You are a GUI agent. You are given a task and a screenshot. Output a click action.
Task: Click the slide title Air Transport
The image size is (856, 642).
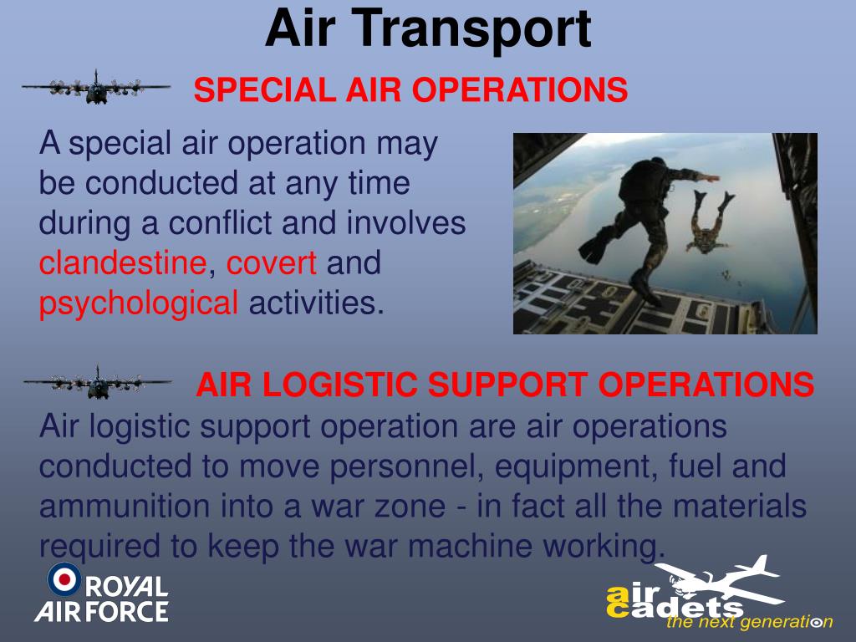pyautogui.click(x=428, y=28)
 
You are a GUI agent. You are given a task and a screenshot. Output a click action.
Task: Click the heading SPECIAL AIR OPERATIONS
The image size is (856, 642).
pyautogui.click(x=410, y=90)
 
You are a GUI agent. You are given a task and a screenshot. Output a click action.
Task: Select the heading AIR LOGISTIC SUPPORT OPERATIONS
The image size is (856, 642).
pyautogui.click(x=505, y=385)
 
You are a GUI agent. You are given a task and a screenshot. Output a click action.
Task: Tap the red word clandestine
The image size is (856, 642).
pyautogui.click(x=123, y=264)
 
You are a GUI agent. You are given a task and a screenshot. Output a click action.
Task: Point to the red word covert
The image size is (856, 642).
pyautogui.click(x=272, y=264)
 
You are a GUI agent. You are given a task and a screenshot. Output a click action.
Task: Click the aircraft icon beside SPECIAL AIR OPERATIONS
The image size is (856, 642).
pyautogui.click(x=95, y=87)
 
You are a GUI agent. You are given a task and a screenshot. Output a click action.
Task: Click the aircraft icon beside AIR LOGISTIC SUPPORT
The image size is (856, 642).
pyautogui.click(x=97, y=383)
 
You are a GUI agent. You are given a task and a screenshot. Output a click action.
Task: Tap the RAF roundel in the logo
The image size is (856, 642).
pyautogui.click(x=64, y=578)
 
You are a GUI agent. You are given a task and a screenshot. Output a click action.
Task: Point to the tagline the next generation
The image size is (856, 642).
pyautogui.click(x=749, y=622)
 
